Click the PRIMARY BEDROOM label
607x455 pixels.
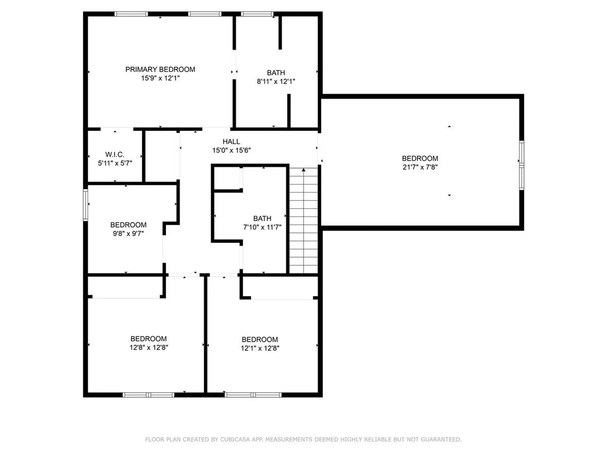tap(160, 70)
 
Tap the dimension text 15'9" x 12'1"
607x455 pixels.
tap(160, 78)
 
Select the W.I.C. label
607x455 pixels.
tap(114, 155)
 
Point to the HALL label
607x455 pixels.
tap(231, 142)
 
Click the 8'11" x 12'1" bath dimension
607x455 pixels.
tap(276, 82)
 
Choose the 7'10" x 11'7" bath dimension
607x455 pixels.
tap(262, 227)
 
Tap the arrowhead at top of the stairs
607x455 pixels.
tap(303, 170)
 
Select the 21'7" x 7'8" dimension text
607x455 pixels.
tap(420, 167)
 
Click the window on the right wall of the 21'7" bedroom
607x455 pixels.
tap(522, 165)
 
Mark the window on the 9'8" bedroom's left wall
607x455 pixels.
tap(85, 205)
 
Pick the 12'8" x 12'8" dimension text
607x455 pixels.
tap(149, 348)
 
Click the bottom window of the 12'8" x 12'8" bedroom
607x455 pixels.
tap(148, 395)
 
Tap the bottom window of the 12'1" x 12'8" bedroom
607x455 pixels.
tap(253, 395)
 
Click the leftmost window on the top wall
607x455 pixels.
tap(131, 14)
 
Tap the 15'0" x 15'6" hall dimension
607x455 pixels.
tap(231, 150)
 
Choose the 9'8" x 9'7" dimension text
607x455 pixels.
tap(128, 234)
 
